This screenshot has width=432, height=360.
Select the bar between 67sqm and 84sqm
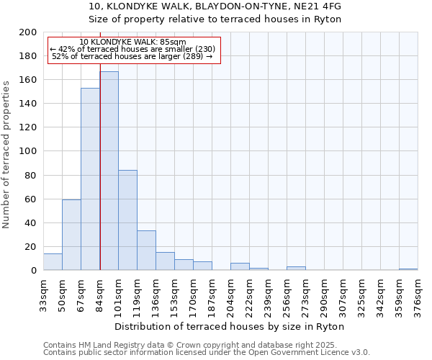pyautogui.click(x=90, y=179)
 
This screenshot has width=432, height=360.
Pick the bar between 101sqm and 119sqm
pyautogui.click(x=127, y=220)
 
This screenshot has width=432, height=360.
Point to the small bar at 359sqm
pyautogui.click(x=408, y=269)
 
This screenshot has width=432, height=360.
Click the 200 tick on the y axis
pyautogui.click(x=29, y=32)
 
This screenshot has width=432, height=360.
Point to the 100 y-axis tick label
pyautogui.click(x=29, y=151)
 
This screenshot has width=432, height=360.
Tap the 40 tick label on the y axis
pyautogui.click(x=31, y=222)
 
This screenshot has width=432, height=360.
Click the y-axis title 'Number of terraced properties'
pyautogui.click(x=6, y=154)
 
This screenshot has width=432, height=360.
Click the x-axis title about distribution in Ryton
pyautogui.click(x=229, y=326)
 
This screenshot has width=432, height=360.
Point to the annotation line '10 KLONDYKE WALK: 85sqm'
pyautogui.click(x=132, y=42)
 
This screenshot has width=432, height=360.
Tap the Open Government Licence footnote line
pyautogui.click(x=207, y=352)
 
